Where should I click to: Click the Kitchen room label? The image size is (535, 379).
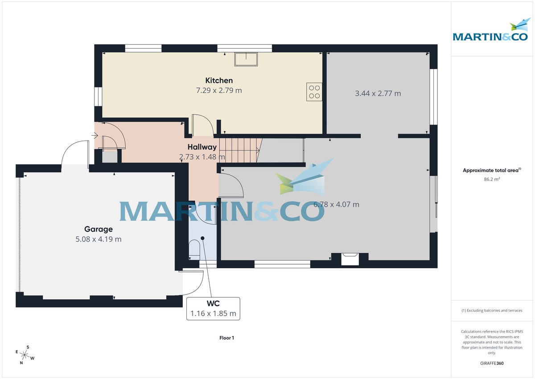pyautogui.click(x=219, y=80)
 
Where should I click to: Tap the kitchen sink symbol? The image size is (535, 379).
pyautogui.click(x=246, y=59)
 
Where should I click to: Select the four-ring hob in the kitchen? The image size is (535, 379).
pyautogui.click(x=314, y=92)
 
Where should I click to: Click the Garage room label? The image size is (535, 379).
pyautogui.click(x=99, y=229)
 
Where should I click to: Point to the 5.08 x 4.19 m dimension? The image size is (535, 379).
pyautogui.click(x=99, y=239)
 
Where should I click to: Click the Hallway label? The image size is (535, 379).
pyautogui.click(x=202, y=147)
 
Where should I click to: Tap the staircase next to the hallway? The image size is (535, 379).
pyautogui.click(x=241, y=150)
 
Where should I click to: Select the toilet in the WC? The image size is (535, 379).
pyautogui.click(x=195, y=249)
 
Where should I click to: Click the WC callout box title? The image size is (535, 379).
pyautogui.click(x=213, y=304)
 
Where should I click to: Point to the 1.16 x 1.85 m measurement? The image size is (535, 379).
pyautogui.click(x=213, y=313)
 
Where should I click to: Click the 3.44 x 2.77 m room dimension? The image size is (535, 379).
pyautogui.click(x=378, y=94)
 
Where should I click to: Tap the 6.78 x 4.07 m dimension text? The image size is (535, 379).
pyautogui.click(x=337, y=205)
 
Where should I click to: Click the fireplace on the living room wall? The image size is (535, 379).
pyautogui.click(x=350, y=258)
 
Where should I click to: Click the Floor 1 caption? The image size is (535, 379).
pyautogui.click(x=226, y=338)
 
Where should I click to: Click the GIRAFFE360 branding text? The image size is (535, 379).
pyautogui.click(x=492, y=363)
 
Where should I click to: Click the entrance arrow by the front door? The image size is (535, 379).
pyautogui.click(x=95, y=135)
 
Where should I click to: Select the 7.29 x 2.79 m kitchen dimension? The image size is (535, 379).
pyautogui.click(x=219, y=91)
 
